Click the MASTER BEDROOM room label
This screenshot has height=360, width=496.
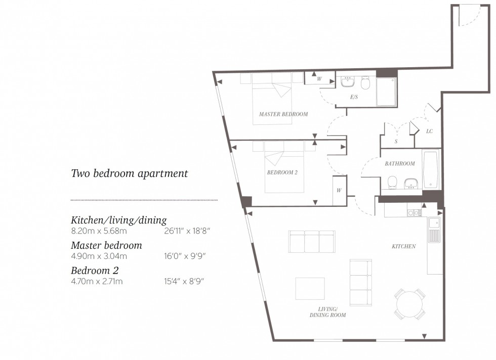tap(283, 114)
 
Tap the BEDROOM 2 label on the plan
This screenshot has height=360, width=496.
tap(282, 172)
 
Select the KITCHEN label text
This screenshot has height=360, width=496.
tap(403, 246)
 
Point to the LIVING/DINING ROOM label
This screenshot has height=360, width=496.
tap(327, 312)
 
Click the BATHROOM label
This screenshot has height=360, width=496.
tap(399, 163)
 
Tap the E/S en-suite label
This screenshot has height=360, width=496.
tap(354, 97)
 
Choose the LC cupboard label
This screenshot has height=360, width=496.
tap(429, 131)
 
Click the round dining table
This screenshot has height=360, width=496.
tap(410, 304)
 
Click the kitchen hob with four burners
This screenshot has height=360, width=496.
tap(415, 213)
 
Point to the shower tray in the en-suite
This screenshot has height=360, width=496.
tap(386, 92)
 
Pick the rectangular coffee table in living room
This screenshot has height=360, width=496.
tap(310, 288)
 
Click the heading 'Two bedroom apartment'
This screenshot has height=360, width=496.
tap(129, 173)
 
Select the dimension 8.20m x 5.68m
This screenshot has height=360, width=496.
tap(99, 231)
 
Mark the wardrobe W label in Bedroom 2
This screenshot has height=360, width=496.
tap(339, 191)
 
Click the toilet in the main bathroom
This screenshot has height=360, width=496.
tap(392, 183)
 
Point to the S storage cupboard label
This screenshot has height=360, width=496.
tap(396, 142)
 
